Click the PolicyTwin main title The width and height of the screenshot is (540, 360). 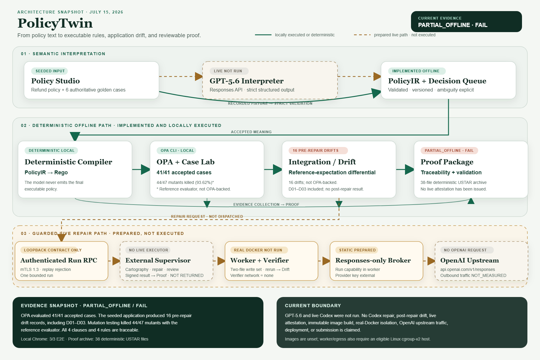(55, 23)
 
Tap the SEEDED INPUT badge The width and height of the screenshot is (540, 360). (50, 71)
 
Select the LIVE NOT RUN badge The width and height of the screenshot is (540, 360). (228, 71)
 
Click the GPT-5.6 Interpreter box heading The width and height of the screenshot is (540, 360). (246, 81)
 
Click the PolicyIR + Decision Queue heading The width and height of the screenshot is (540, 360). (437, 81)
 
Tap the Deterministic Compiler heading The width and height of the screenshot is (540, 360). (68, 162)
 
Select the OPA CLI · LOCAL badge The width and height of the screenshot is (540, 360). (177, 151)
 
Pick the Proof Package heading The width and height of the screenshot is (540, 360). (447, 162)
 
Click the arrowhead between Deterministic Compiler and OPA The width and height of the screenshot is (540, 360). (145, 169)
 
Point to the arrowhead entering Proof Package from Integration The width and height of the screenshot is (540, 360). (409, 169)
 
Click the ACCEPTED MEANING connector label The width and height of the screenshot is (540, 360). (251, 132)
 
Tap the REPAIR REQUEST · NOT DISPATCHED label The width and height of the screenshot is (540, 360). (207, 217)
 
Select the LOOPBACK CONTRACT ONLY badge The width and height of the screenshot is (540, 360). (52, 250)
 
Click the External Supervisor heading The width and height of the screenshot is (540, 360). (158, 260)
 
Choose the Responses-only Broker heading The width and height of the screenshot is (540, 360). (373, 260)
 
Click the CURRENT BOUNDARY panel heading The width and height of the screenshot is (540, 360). (313, 306)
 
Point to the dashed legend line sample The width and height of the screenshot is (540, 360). (362, 35)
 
